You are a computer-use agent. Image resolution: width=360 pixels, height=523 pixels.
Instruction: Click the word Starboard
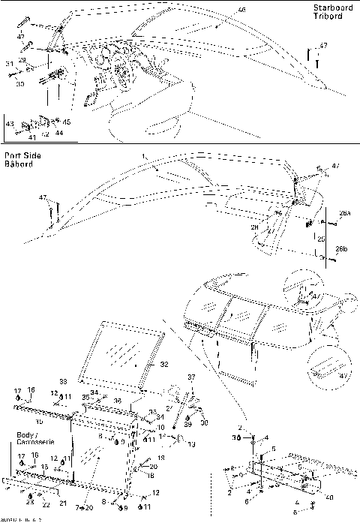[331, 8]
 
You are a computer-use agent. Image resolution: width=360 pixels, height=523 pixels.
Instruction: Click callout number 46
[220, 9]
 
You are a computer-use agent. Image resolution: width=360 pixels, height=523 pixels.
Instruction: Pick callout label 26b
[342, 248]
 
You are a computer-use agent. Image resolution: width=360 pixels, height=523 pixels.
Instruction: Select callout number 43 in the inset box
[10, 122]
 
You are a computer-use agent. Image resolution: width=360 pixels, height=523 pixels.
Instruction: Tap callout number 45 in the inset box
[67, 122]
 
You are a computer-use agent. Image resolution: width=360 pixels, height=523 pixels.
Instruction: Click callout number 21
[63, 502]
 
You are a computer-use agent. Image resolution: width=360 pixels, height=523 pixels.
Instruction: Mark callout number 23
[29, 503]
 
